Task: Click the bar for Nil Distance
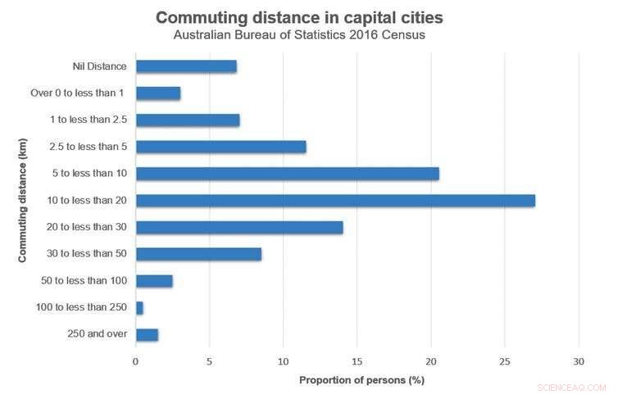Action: [x=186, y=66]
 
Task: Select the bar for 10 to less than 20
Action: [x=335, y=200]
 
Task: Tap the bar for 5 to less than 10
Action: [x=287, y=174]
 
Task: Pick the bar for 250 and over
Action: [x=147, y=334]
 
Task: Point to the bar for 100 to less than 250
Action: [x=139, y=307]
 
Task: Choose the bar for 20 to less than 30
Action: [x=239, y=227]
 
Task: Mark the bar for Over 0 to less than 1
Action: [x=158, y=93]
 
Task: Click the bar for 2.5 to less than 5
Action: [x=220, y=147]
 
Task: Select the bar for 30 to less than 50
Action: [x=198, y=254]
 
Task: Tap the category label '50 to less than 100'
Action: [x=84, y=281]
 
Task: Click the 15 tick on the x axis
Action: [x=357, y=360]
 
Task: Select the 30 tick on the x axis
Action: [x=579, y=360]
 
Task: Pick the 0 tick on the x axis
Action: [x=136, y=360]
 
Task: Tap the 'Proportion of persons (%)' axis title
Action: [x=361, y=380]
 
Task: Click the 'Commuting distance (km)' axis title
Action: [x=23, y=201]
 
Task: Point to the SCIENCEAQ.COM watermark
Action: [x=571, y=387]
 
